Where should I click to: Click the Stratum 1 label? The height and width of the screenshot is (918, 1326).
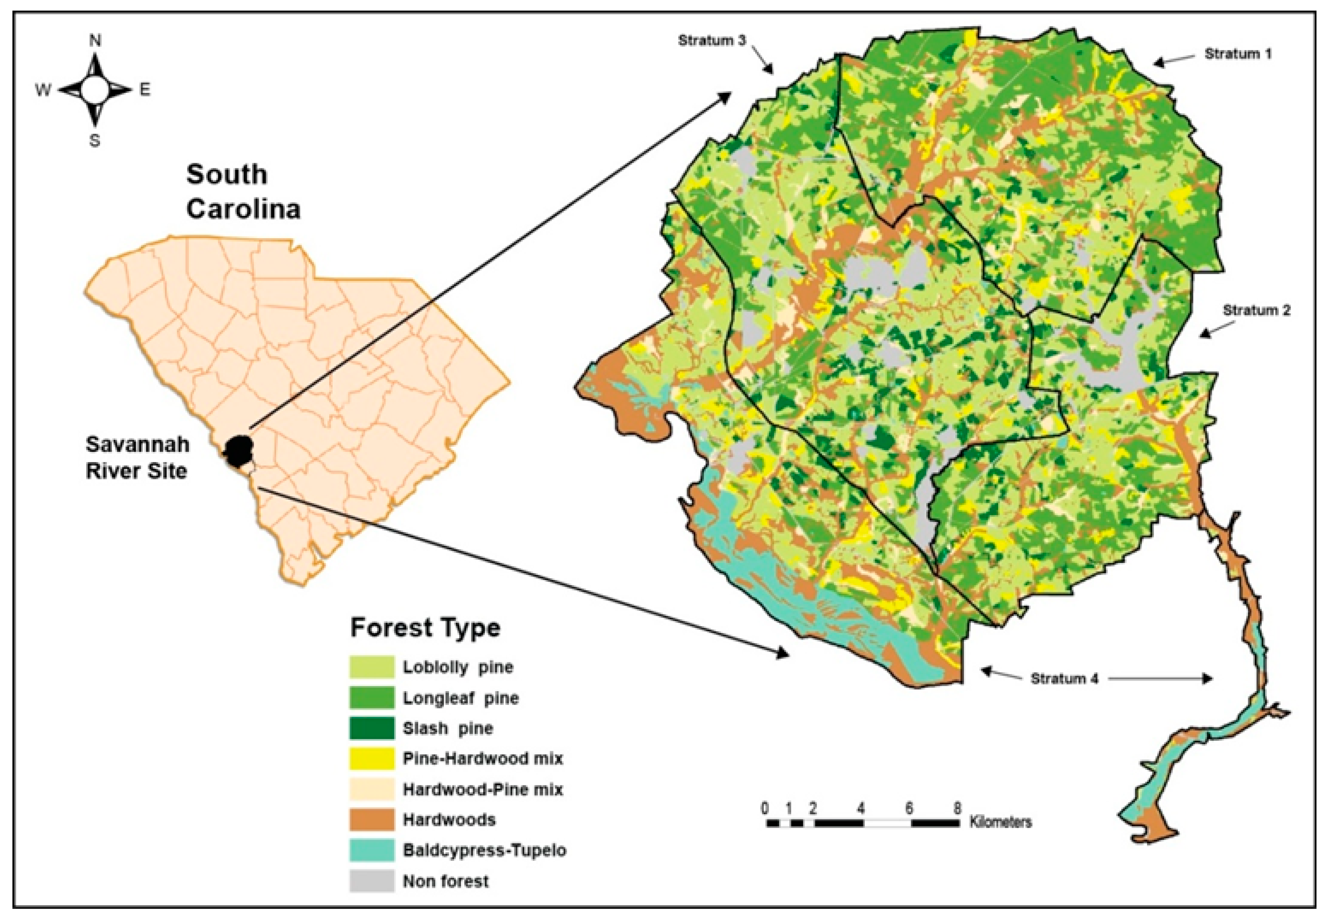point(1238,54)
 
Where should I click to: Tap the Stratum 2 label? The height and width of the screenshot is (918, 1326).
point(1256,311)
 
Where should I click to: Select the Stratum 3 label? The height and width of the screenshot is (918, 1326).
point(712,41)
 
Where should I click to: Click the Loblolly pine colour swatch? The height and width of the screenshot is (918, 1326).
point(372,667)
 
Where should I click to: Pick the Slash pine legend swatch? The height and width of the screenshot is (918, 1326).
point(372,728)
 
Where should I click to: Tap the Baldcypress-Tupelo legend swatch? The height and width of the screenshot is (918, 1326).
point(372,850)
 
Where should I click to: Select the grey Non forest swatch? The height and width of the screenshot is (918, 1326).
point(372,881)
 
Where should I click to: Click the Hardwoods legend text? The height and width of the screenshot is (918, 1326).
point(449,820)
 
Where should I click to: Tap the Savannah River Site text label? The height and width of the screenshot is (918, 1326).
point(137,458)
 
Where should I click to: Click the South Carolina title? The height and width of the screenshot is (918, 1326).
point(243,191)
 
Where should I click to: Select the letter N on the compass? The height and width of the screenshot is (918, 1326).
point(95,40)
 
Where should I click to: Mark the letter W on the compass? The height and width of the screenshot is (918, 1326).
point(43,90)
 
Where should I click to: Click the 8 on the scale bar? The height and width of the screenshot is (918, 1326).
point(957,808)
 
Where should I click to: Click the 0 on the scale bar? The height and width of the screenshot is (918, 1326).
point(765,808)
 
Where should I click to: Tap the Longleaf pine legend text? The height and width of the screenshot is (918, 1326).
point(461,698)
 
